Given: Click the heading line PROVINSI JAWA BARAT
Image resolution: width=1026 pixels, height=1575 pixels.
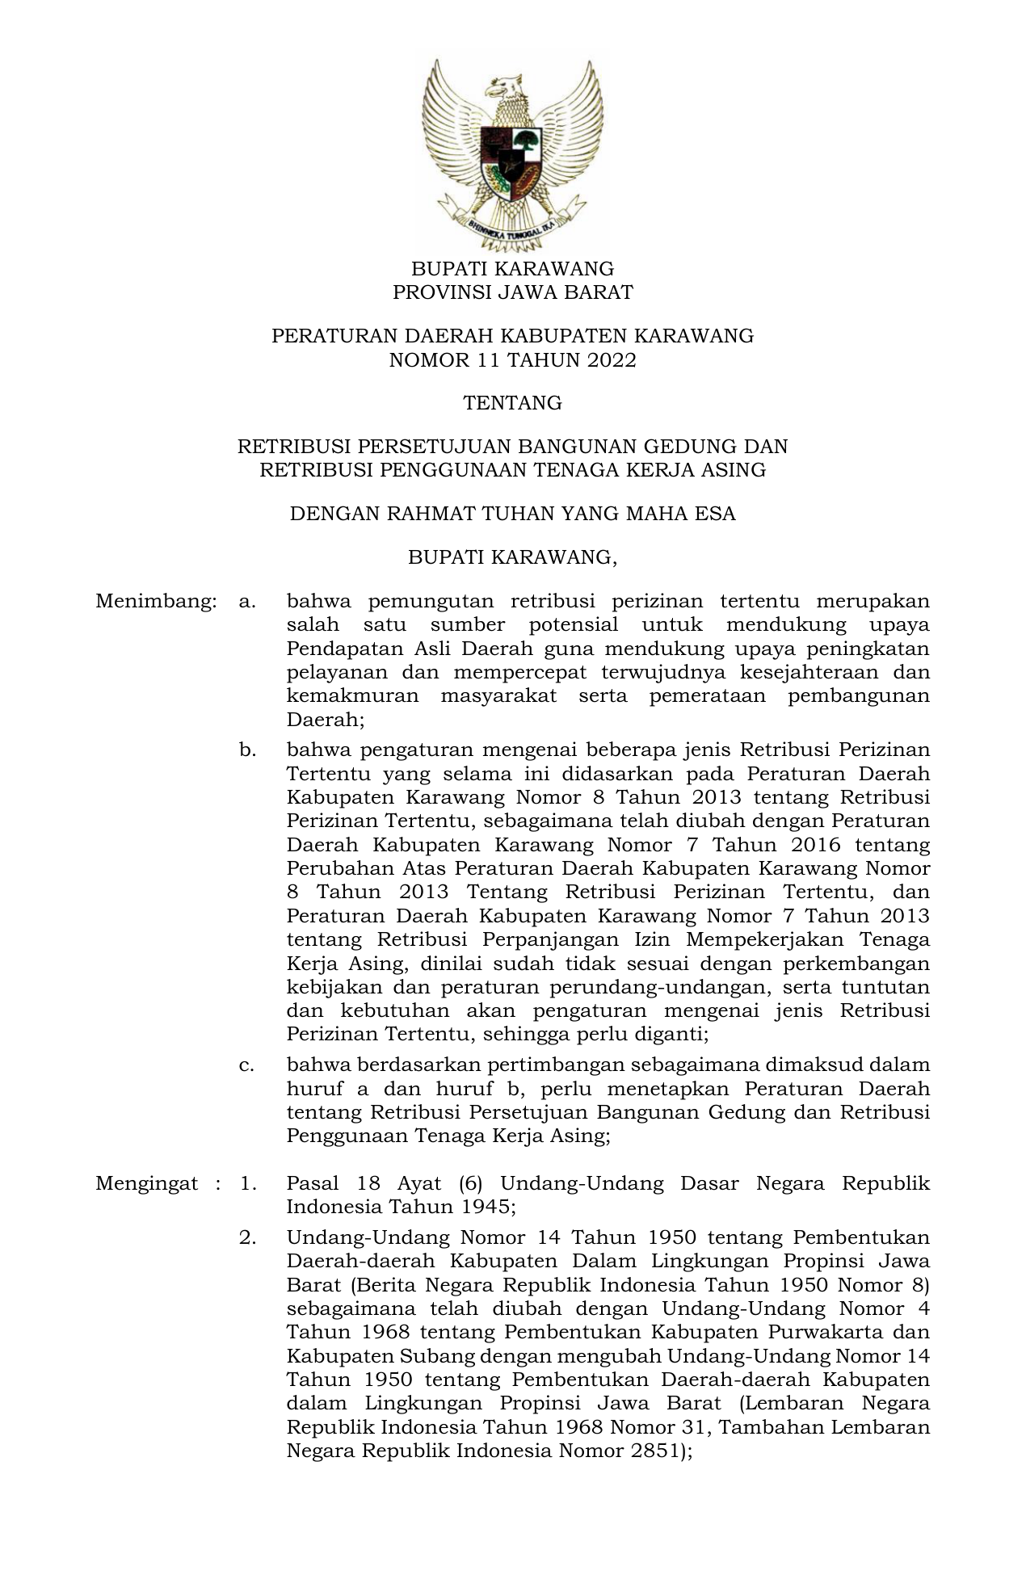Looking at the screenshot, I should coord(512,292).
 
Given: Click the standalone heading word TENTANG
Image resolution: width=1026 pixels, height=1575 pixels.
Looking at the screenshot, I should coord(512,403).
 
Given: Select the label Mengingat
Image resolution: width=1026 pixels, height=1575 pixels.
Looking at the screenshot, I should coord(146,1184).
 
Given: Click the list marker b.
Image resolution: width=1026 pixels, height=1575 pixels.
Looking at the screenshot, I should coord(246,750).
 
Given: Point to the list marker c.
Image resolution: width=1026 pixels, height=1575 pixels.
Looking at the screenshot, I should coord(246,1065).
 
